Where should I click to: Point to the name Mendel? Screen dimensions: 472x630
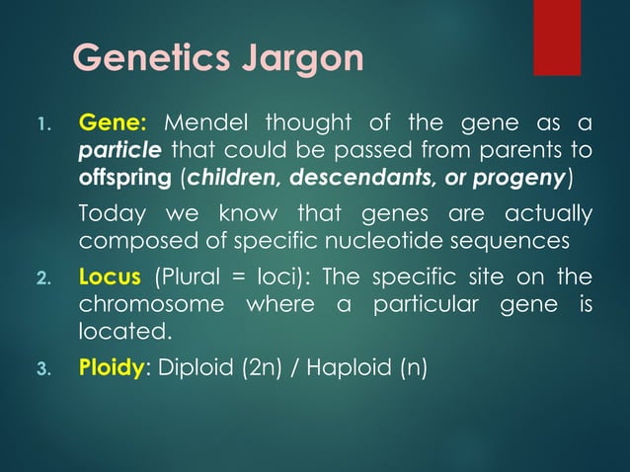click(201, 124)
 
